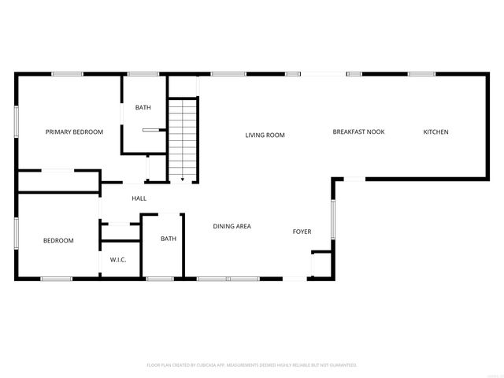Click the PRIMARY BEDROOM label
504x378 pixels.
pos(74,132)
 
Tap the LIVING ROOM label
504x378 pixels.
pos(265,135)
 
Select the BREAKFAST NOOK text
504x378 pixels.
pos(358,132)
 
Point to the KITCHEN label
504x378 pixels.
pos(435,132)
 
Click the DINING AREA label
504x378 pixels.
pos(232,227)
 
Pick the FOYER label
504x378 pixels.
pos(302,232)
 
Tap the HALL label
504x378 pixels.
pos(139,198)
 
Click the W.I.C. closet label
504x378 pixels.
pos(119,260)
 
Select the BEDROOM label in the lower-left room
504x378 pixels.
pos(58,241)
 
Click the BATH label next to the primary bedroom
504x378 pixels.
pos(143,108)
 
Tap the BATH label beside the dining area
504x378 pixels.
pos(169,239)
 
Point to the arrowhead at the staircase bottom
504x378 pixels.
pos(183,180)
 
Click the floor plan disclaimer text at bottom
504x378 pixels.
pos(252,365)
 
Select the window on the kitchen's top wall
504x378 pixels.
pos(421,74)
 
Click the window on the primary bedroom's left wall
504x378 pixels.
pos(17,123)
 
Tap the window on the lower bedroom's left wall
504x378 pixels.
pos(17,234)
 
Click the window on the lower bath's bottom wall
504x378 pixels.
pos(160,278)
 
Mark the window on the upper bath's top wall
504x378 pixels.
pos(143,74)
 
